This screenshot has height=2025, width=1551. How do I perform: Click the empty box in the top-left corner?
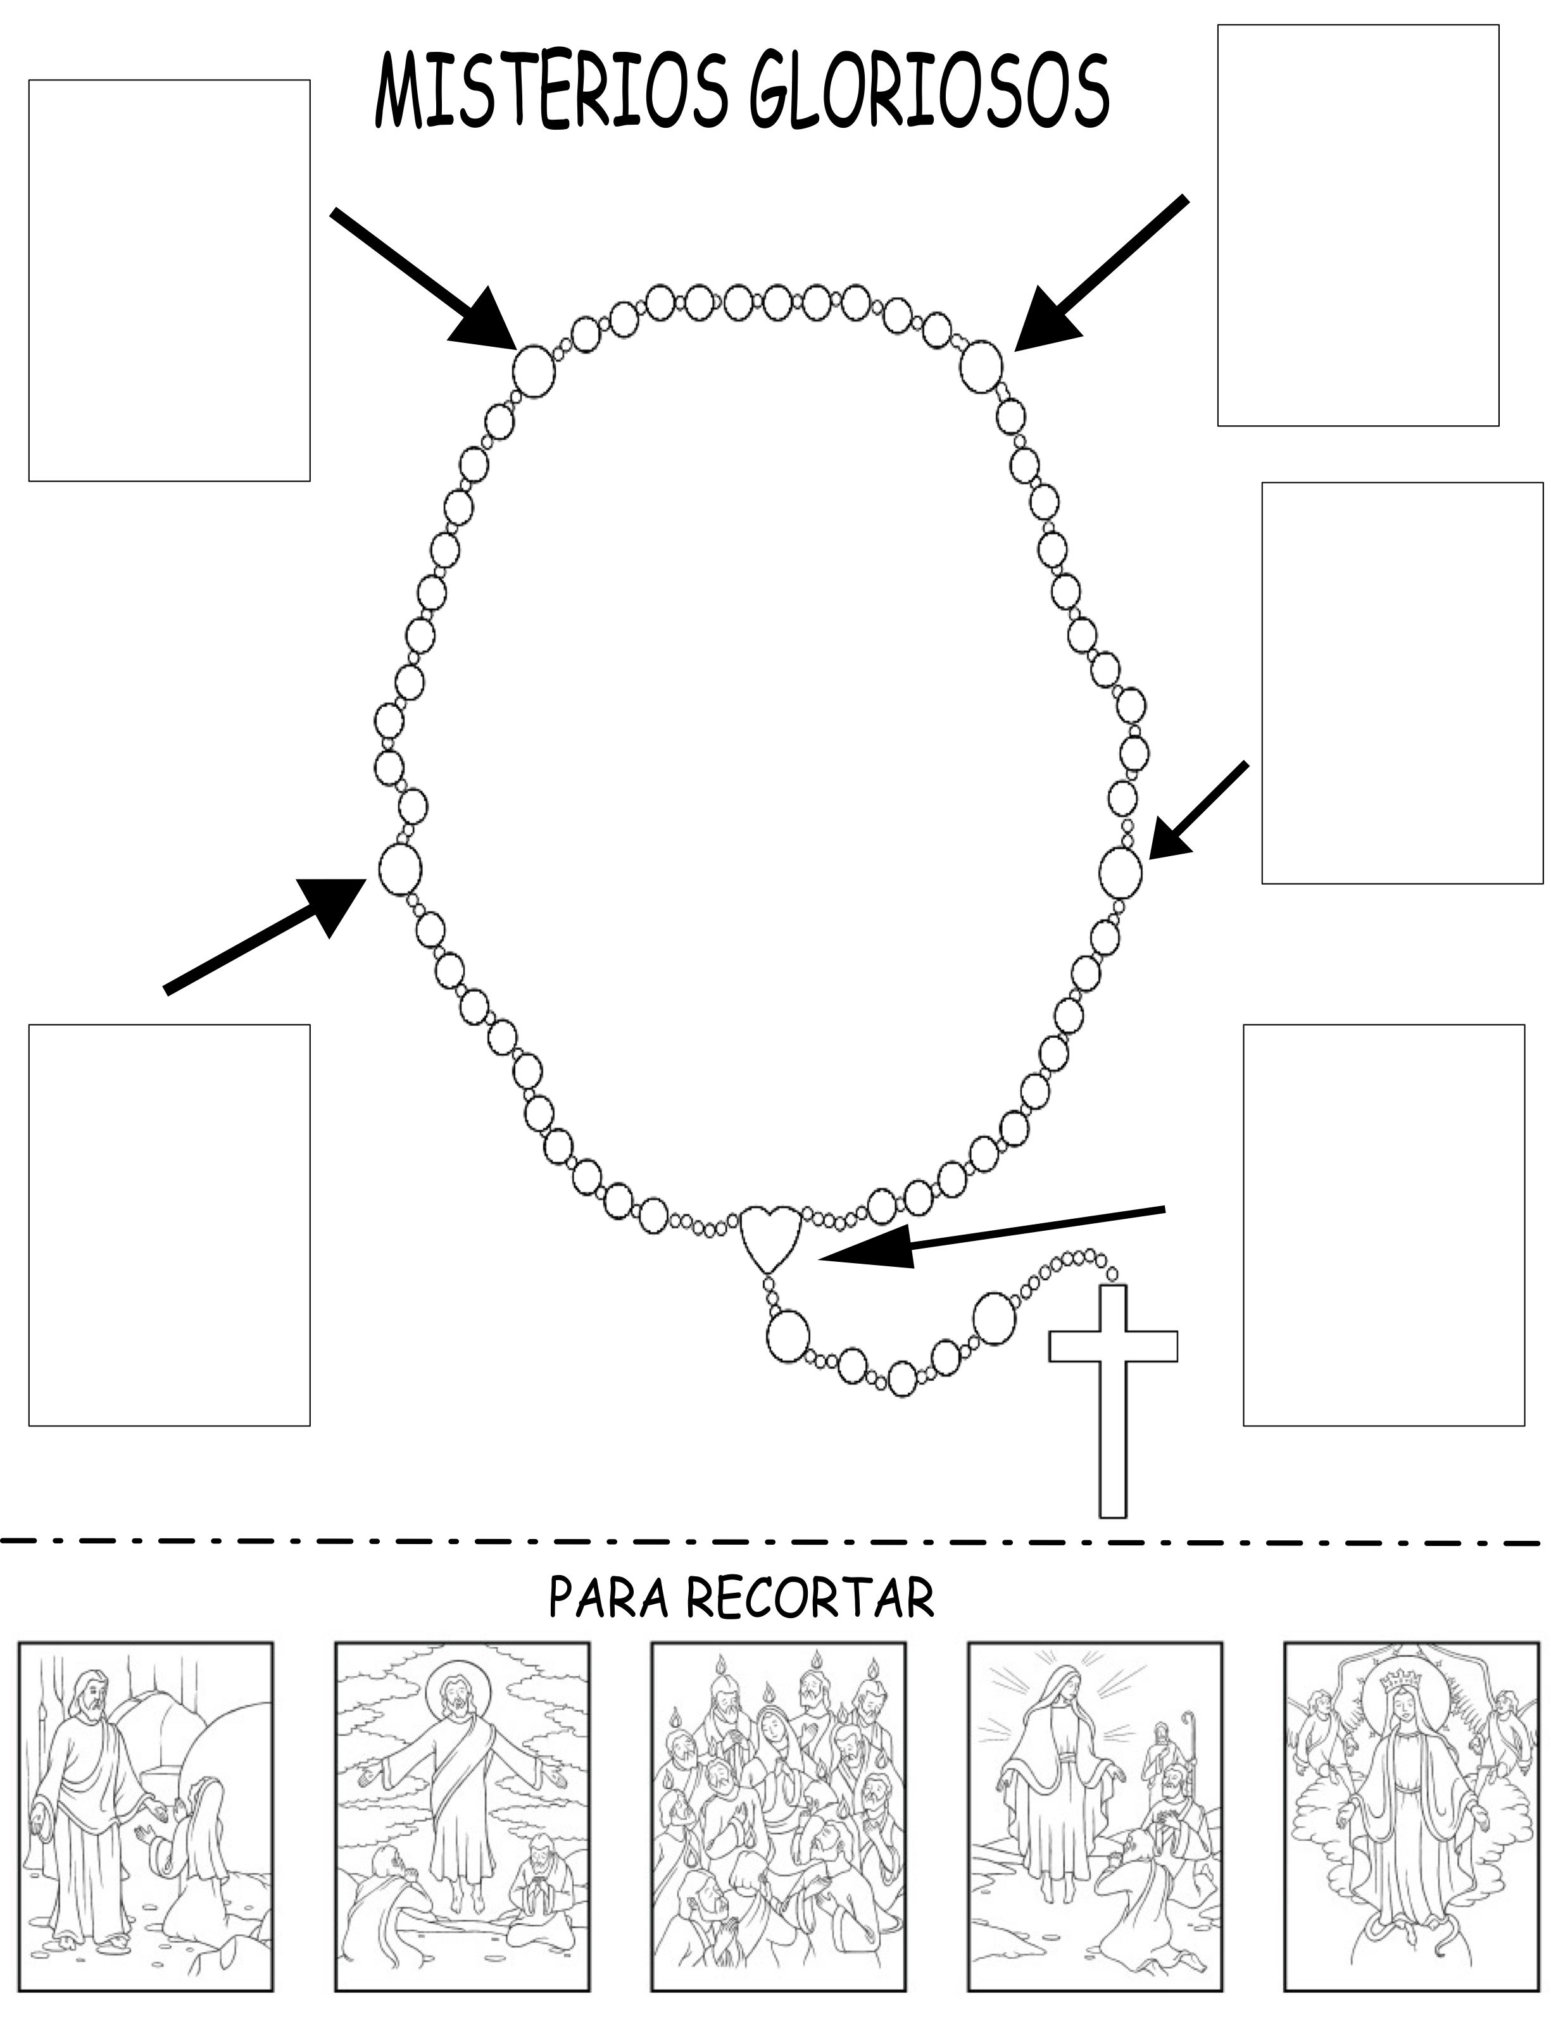coord(169,280)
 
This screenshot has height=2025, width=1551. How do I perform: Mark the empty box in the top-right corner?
coord(1358,225)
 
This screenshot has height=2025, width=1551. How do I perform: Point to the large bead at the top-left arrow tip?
coord(534,370)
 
